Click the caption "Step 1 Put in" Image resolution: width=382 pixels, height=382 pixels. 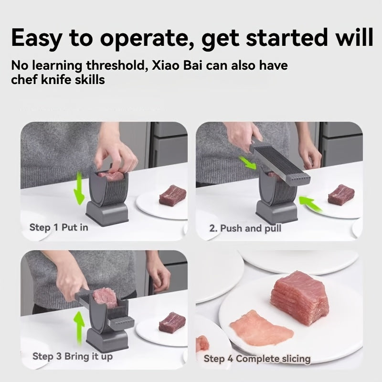pyautogui.click(x=59, y=227)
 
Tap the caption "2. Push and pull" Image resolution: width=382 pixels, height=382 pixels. pyautogui.click(x=245, y=228)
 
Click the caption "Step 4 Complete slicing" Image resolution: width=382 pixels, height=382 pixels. pyautogui.click(x=257, y=358)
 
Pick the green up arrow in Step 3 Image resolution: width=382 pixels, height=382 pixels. pyautogui.click(x=79, y=327)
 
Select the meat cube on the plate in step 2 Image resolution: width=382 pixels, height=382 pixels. pyautogui.click(x=341, y=194)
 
